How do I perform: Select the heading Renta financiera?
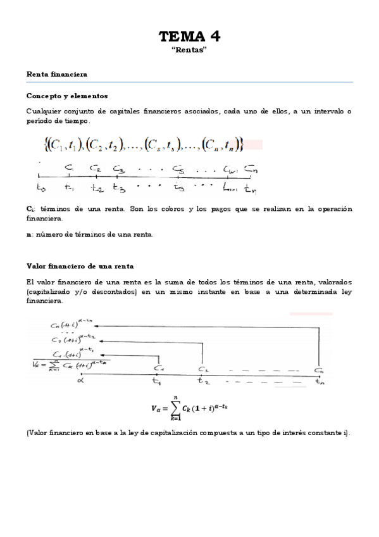pos(57,74)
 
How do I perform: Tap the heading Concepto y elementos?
pos(67,96)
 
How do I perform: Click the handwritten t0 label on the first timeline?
pos(42,187)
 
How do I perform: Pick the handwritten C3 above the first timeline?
pos(118,169)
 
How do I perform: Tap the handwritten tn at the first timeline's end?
pos(251,188)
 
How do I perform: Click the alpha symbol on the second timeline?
pos(80,381)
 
